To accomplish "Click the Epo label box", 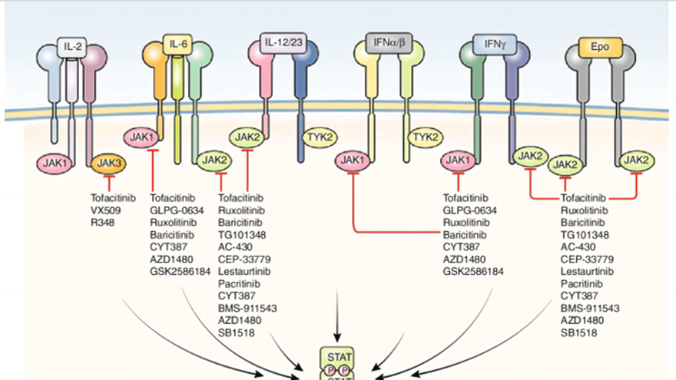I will coord(600,46).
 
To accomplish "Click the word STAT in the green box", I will coord(339,357).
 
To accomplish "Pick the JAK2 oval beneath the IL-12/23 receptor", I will coord(248,137).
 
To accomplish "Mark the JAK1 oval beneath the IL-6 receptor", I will coord(142,137).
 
